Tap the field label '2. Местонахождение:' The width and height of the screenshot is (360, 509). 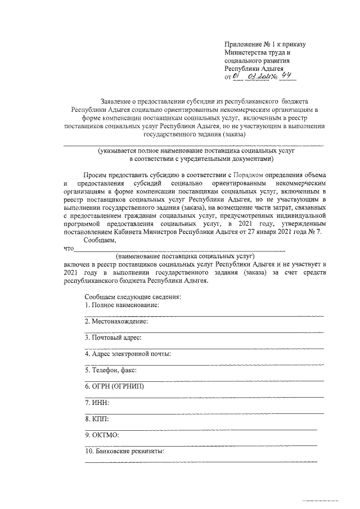(116, 321)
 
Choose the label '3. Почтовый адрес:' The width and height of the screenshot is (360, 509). (112, 337)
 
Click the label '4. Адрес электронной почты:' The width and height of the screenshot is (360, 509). (128, 354)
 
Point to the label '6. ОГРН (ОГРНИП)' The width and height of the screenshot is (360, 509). (114, 387)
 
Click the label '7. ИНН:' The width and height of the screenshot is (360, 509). (97, 403)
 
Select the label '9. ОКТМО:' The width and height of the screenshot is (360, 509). (102, 435)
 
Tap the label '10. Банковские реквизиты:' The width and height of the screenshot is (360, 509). (124, 452)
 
